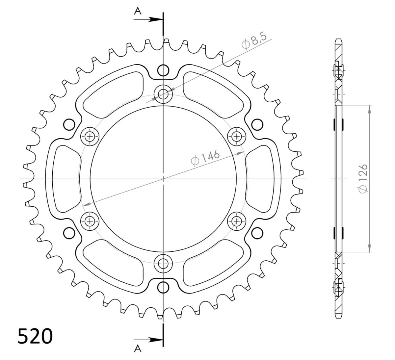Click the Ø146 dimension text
coord(205,158)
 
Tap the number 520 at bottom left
coord(35,336)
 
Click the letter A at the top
coord(138,11)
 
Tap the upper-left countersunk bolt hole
coord(90,136)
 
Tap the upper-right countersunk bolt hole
coord(236,136)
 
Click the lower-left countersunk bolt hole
coord(90,221)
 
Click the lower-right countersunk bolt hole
coord(236,221)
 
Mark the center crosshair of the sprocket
coord(163,179)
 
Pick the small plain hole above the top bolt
coord(163,70)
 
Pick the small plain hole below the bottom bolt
coord(163,287)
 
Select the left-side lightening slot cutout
coord(66,179)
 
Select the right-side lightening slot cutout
coord(260,179)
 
